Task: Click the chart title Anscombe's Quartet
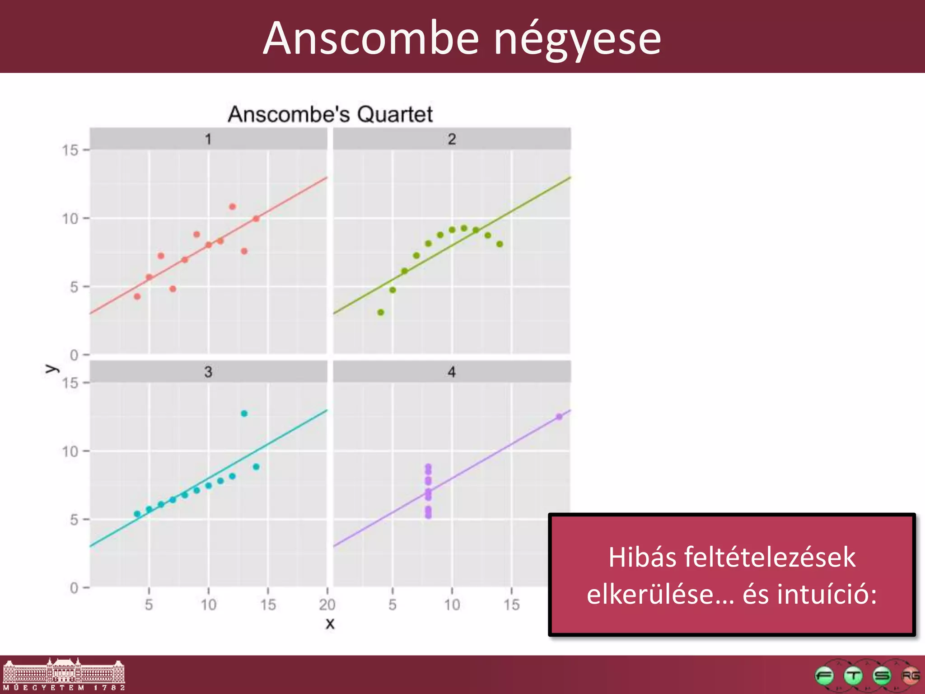click(x=330, y=114)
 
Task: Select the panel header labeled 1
click(x=208, y=139)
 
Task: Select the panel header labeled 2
click(x=452, y=139)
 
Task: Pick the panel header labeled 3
click(x=208, y=372)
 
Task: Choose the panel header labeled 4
click(x=452, y=372)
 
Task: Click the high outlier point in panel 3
click(x=244, y=413)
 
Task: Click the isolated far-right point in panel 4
click(x=559, y=417)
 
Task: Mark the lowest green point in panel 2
click(x=381, y=312)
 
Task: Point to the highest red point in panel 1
click(x=232, y=206)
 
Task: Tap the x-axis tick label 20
click(x=327, y=605)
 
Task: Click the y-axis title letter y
click(x=51, y=369)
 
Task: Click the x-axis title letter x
click(x=330, y=624)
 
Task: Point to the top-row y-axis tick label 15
click(x=70, y=150)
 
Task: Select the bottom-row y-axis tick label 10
click(x=70, y=451)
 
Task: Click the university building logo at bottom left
click(x=64, y=674)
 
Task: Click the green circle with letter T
click(x=853, y=676)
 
